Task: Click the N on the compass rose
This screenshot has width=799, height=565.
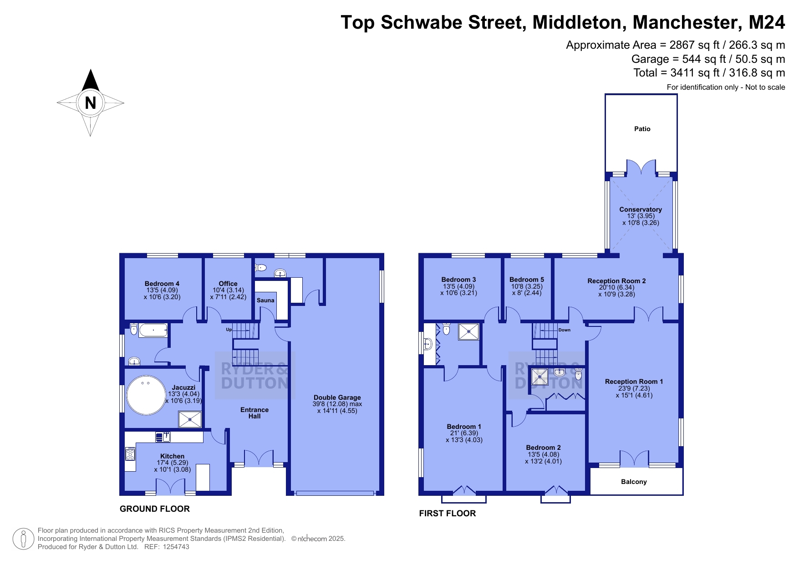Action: pyautogui.click(x=90, y=103)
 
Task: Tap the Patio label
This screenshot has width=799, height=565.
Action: pyautogui.click(x=642, y=129)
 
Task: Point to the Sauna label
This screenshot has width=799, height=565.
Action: pyautogui.click(x=265, y=300)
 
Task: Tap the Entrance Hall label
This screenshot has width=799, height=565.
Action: pyautogui.click(x=254, y=413)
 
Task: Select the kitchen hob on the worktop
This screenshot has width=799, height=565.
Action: pyautogui.click(x=131, y=454)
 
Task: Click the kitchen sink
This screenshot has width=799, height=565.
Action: pyautogui.click(x=163, y=437)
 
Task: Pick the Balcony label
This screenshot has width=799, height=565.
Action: pyautogui.click(x=634, y=482)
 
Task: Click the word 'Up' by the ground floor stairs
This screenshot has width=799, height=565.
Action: pyautogui.click(x=229, y=330)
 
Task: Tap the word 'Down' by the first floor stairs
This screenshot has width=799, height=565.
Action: pyautogui.click(x=564, y=330)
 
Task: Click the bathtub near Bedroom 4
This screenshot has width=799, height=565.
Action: pyautogui.click(x=153, y=330)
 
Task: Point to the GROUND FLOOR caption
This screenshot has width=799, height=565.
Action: pyautogui.click(x=155, y=509)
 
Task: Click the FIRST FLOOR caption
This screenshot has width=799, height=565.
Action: pyautogui.click(x=448, y=514)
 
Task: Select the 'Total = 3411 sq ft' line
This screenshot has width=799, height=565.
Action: pyautogui.click(x=709, y=73)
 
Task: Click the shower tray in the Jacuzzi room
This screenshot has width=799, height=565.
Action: pyautogui.click(x=190, y=419)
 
